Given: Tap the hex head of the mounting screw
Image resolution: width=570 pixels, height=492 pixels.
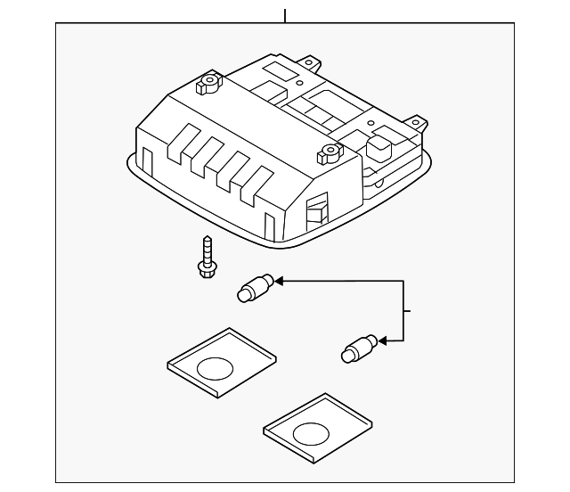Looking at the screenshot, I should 206,270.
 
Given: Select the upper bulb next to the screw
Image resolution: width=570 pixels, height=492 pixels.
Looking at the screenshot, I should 253,289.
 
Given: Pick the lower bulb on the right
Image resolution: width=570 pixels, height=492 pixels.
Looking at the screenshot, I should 359,347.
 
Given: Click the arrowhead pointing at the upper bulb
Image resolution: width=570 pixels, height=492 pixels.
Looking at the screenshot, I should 278,281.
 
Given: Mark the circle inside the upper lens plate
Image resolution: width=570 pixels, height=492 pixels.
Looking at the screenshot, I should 215,367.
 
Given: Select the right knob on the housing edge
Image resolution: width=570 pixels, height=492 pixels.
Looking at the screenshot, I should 326,157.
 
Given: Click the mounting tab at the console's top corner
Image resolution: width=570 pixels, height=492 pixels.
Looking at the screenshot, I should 311,63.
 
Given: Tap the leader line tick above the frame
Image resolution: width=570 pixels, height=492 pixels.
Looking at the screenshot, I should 285,15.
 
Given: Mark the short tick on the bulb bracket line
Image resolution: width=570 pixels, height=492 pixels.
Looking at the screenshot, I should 409,310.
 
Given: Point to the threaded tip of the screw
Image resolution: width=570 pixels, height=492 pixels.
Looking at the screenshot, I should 204,240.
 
